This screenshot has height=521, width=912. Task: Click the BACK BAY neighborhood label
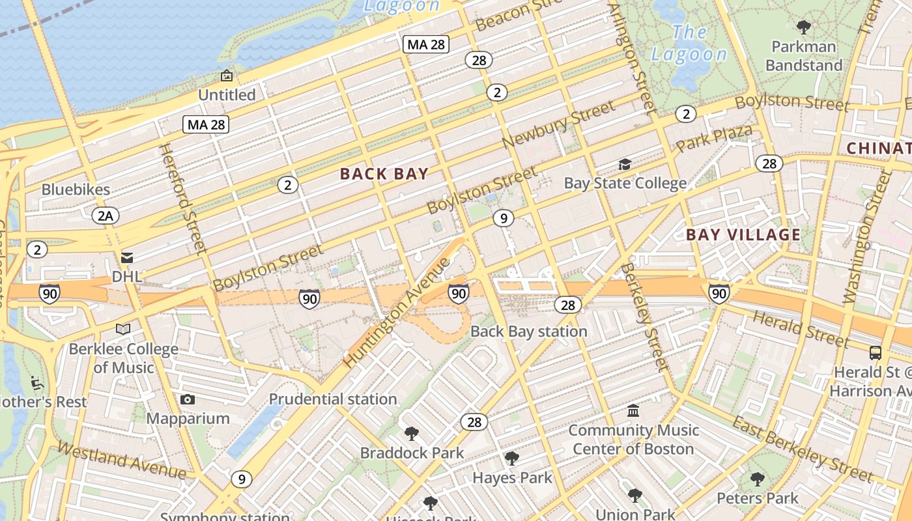pyautogui.click(x=384, y=174)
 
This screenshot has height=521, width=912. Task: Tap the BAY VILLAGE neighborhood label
pyautogui.click(x=743, y=235)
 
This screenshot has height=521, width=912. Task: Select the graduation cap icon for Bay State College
pyautogui.click(x=625, y=164)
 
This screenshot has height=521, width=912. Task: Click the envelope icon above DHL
pyautogui.click(x=127, y=258)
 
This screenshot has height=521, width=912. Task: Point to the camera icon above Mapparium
pyautogui.click(x=188, y=399)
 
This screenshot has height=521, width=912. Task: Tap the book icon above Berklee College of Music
pyautogui.click(x=123, y=330)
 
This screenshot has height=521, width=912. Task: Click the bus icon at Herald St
pyautogui.click(x=876, y=353)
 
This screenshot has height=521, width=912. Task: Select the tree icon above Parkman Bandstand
pyautogui.click(x=804, y=27)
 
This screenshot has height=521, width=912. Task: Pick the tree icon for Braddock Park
pyautogui.click(x=411, y=434)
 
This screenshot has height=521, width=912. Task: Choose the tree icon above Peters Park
pyautogui.click(x=757, y=480)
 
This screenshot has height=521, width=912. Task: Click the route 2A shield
pyautogui.click(x=105, y=216)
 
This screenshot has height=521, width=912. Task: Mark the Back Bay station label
pyautogui.click(x=528, y=331)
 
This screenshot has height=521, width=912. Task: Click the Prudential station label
pyautogui.click(x=333, y=399)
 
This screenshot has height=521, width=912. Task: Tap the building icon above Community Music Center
pyautogui.click(x=633, y=411)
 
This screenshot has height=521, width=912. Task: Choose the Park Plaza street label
pyautogui.click(x=714, y=139)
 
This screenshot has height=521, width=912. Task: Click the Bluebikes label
pyautogui.click(x=76, y=190)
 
